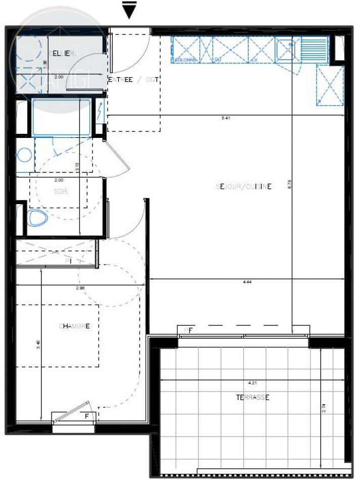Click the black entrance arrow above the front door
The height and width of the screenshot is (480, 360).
coord(130,10)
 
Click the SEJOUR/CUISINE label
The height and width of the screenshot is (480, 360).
coord(244,186)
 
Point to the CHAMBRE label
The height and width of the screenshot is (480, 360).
coord(74,326)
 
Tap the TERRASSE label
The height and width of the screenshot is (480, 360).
coord(253,397)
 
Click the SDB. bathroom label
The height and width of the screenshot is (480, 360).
coord(60,191)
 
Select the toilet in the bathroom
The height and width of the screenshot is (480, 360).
coord(37,218)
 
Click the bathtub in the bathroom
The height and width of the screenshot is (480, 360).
coord(61,117)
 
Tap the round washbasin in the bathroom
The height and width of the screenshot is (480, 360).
coord(23,155)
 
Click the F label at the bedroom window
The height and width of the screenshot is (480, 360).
coord(87,415)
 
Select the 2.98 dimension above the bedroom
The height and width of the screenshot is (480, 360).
coord(80,287)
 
